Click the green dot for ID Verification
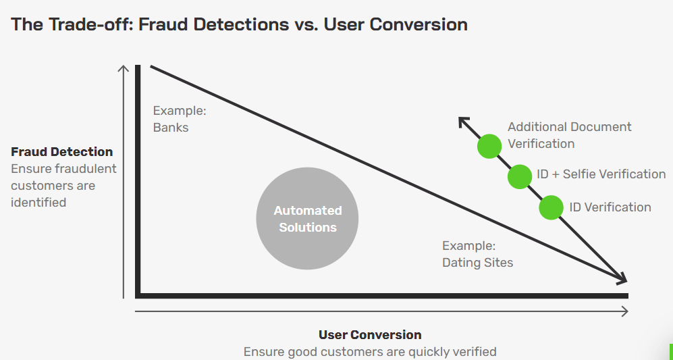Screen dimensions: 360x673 [x=551, y=207]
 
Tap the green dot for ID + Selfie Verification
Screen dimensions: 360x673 [x=520, y=176]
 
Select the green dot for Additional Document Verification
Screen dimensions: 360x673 [x=489, y=146]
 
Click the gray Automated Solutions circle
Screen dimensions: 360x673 [x=307, y=219]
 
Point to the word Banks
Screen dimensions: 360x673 [x=171, y=127]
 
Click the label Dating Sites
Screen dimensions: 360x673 [x=477, y=263]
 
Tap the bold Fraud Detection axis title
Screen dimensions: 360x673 [x=62, y=152]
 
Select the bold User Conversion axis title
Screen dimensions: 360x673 [x=370, y=335]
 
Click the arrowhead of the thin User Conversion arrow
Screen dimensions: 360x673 [x=624, y=311]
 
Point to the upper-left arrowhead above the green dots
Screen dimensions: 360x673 [x=463, y=121]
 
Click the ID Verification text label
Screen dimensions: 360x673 [x=610, y=207]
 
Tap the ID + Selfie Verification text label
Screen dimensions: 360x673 [x=601, y=174]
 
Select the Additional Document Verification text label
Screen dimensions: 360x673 [x=569, y=135]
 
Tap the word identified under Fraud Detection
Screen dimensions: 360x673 [x=38, y=202]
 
